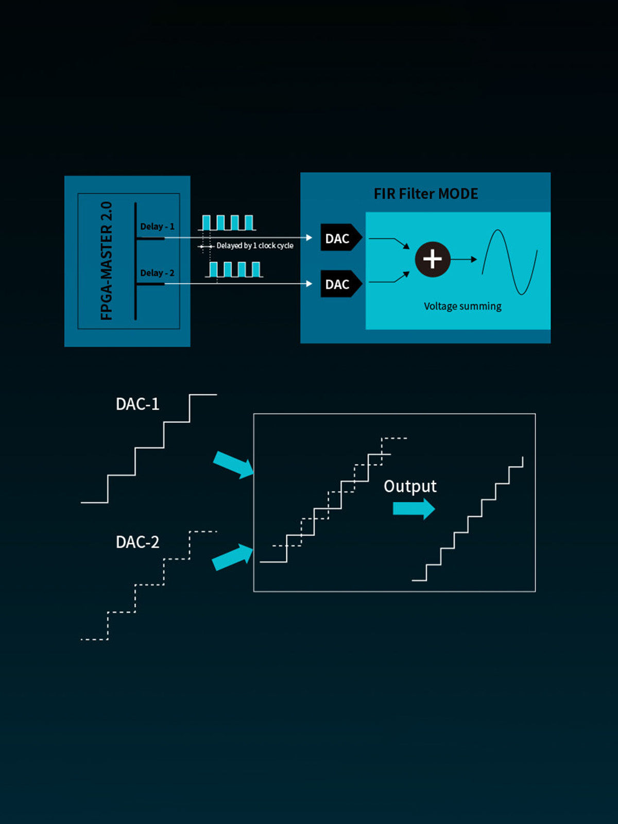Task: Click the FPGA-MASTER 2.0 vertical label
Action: (106, 261)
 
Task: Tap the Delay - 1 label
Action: (157, 227)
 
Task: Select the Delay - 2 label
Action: (157, 273)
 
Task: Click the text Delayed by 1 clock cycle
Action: (254, 246)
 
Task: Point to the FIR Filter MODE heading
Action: (426, 194)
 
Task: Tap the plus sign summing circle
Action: (433, 259)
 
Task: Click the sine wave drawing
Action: (509, 262)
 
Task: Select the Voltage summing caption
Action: (462, 306)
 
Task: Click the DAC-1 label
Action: (138, 404)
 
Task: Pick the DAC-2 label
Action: (138, 542)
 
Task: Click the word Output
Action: (410, 487)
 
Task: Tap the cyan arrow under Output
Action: (414, 509)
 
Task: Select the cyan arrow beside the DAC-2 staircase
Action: (233, 558)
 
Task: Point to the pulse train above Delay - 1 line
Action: (227, 222)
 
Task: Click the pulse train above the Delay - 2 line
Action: (234, 269)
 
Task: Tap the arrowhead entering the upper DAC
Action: (309, 237)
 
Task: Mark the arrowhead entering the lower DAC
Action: (309, 284)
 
